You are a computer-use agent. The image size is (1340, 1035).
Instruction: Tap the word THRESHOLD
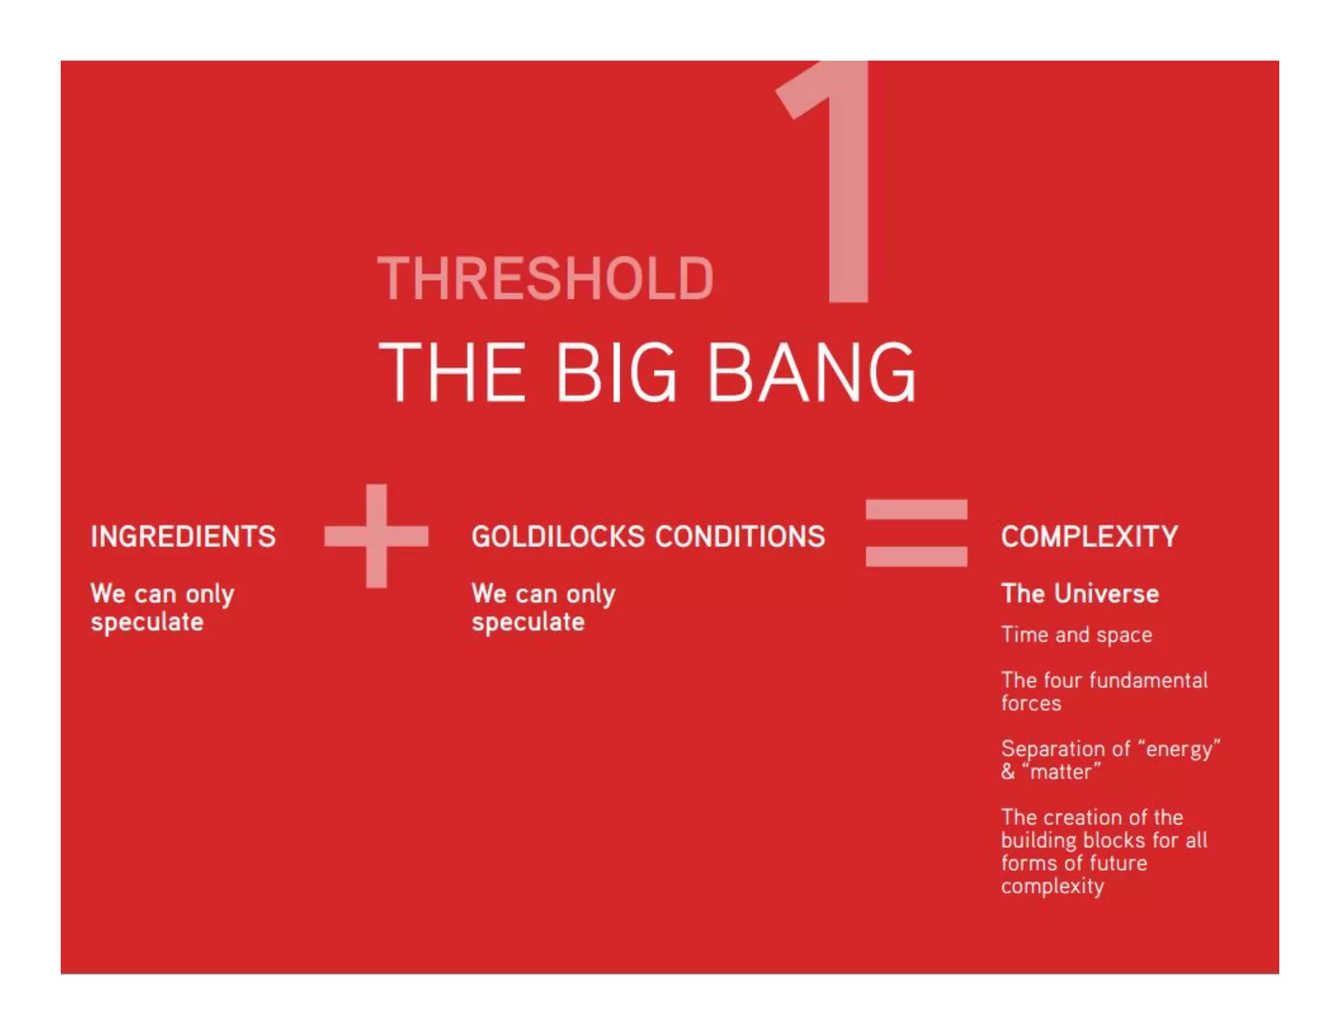545,279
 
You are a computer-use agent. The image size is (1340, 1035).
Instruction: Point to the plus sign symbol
376,536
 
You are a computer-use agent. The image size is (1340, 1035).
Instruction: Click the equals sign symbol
916,533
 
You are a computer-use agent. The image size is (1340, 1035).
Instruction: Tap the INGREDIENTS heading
183,536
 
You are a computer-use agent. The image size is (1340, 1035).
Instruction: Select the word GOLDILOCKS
558,536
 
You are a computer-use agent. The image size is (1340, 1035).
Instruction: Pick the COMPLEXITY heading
1089,536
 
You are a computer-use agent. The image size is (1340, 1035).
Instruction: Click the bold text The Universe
1080,593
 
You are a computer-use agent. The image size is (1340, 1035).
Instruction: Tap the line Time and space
1076,635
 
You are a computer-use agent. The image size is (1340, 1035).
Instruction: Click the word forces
1031,703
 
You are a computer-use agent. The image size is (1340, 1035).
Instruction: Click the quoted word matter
1065,772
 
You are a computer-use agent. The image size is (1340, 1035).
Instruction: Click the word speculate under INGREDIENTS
147,622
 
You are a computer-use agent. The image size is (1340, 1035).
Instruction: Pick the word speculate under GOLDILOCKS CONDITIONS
528,622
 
